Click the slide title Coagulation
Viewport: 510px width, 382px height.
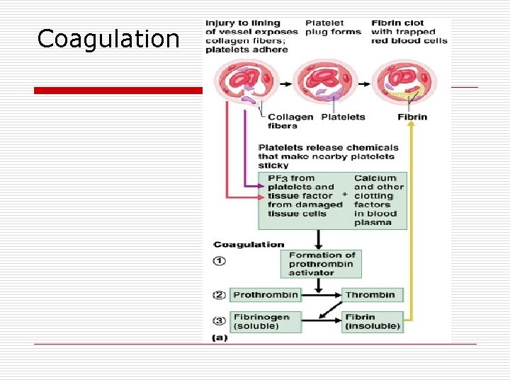point(108,39)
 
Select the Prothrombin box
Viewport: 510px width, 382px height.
point(265,294)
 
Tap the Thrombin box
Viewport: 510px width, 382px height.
point(373,294)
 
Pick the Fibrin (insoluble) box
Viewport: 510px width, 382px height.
point(373,322)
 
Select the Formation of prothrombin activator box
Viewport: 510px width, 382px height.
point(319,264)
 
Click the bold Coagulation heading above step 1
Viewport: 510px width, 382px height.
point(249,245)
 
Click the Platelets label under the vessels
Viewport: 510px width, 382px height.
point(344,117)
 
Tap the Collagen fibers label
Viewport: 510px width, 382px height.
point(290,122)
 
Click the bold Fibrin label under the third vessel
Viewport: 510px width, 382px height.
point(412,117)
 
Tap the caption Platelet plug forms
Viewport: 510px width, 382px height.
point(333,28)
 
